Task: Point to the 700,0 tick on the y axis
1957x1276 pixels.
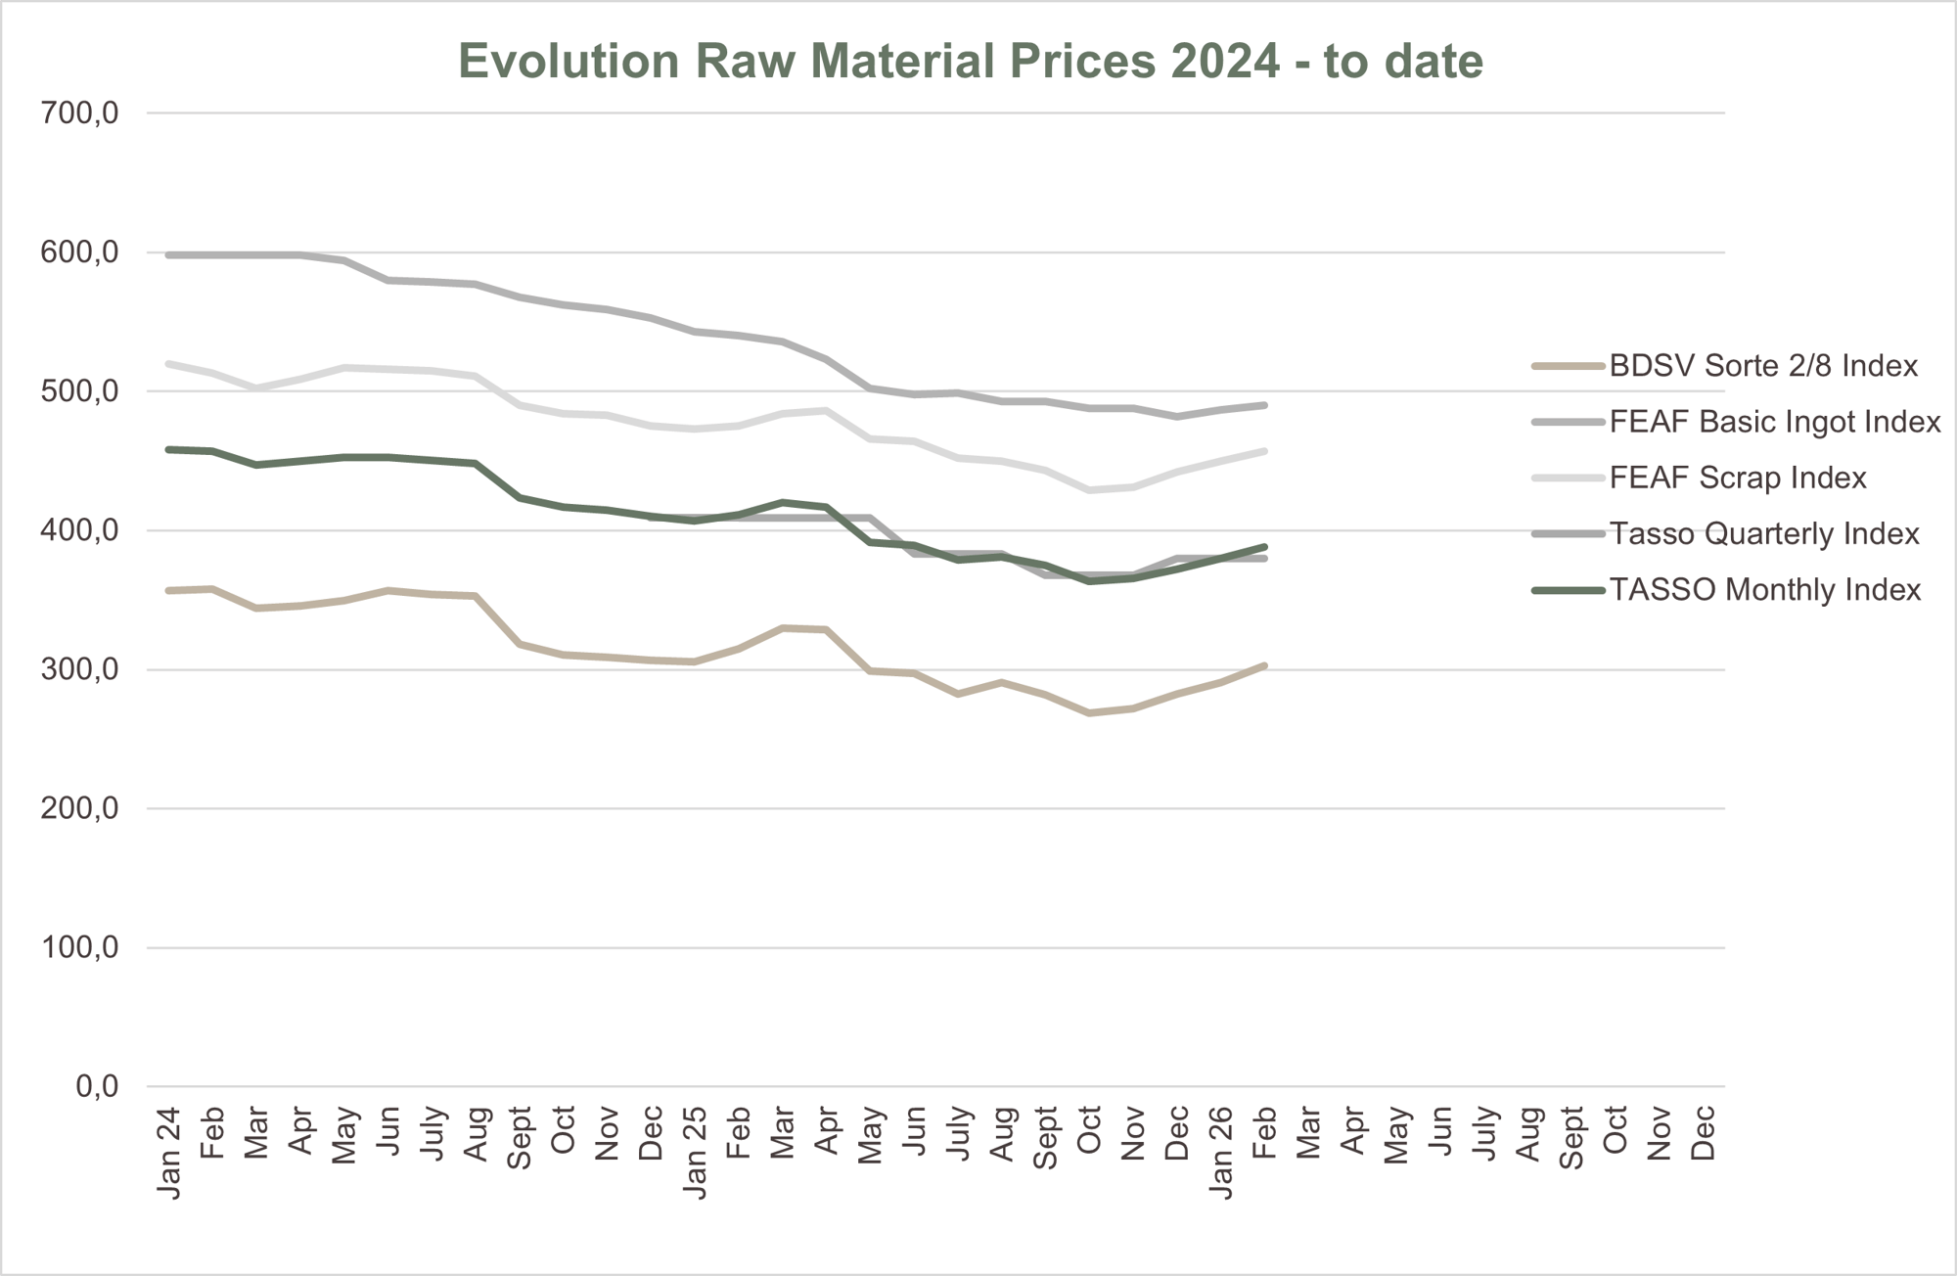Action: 80,114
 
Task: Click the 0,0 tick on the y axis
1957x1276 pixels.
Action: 97,1086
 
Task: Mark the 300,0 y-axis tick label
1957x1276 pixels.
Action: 80,670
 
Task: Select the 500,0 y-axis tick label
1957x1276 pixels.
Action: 80,391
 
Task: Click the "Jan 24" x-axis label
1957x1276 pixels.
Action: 169,1152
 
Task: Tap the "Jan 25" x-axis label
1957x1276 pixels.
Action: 695,1152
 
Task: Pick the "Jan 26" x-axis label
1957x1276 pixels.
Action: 1220,1152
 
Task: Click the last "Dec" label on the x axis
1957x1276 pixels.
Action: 1703,1133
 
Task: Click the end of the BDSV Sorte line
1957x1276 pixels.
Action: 1264,666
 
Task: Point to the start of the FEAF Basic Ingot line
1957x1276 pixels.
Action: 169,255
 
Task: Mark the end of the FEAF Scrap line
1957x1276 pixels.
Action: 1264,451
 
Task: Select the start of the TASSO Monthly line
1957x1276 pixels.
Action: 169,449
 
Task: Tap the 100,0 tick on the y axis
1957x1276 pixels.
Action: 80,947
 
